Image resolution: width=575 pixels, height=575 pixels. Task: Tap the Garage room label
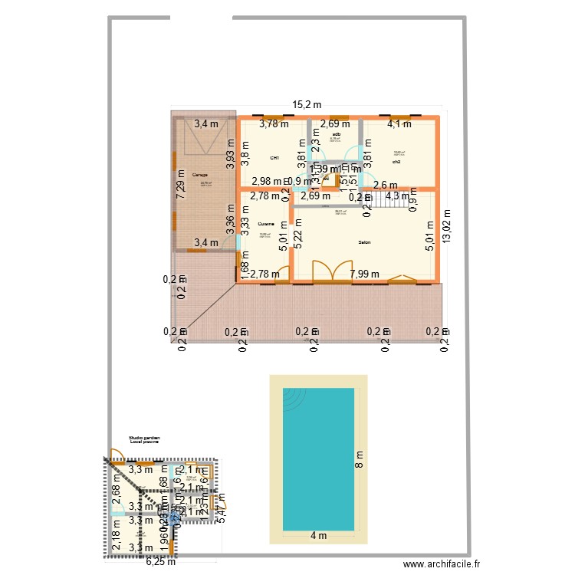point(200,175)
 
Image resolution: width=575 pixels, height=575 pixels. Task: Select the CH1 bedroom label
point(274,158)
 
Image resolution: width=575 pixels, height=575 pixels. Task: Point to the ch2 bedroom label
point(396,162)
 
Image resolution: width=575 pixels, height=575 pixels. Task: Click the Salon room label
point(365,242)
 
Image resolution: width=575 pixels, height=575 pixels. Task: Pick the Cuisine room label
point(266,223)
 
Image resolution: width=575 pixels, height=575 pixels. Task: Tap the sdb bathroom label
point(336,134)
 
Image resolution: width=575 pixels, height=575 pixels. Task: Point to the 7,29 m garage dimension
point(181,185)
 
